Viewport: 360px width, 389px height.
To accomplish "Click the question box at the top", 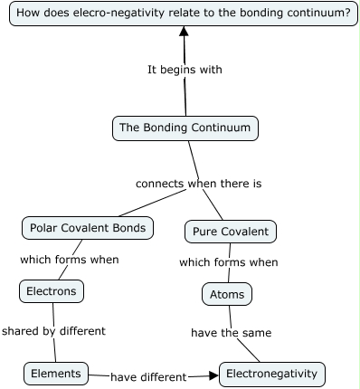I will [184, 14].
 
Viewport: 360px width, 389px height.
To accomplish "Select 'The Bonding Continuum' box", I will [185, 128].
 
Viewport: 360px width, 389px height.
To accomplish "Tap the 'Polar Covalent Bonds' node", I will [88, 228].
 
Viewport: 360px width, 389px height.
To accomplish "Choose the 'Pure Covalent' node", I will [230, 232].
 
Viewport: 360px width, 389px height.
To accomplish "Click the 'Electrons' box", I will [52, 291].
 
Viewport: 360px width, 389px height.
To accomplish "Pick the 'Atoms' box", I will [226, 295].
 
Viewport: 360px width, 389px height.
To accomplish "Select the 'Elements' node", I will [56, 374].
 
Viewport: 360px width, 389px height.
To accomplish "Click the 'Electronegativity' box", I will [271, 374].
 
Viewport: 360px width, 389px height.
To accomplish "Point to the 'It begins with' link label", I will [185, 70].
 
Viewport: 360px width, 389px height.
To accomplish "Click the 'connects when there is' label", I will [198, 184].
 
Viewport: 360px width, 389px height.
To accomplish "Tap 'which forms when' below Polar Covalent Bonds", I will [70, 260].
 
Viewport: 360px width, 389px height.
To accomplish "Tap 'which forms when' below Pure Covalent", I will [228, 263].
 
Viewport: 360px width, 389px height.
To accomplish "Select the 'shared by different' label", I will [53, 331].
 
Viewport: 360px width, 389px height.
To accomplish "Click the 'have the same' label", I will [231, 333].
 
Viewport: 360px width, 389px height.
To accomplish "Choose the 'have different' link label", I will [148, 376].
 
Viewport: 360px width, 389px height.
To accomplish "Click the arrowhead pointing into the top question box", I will [185, 32].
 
